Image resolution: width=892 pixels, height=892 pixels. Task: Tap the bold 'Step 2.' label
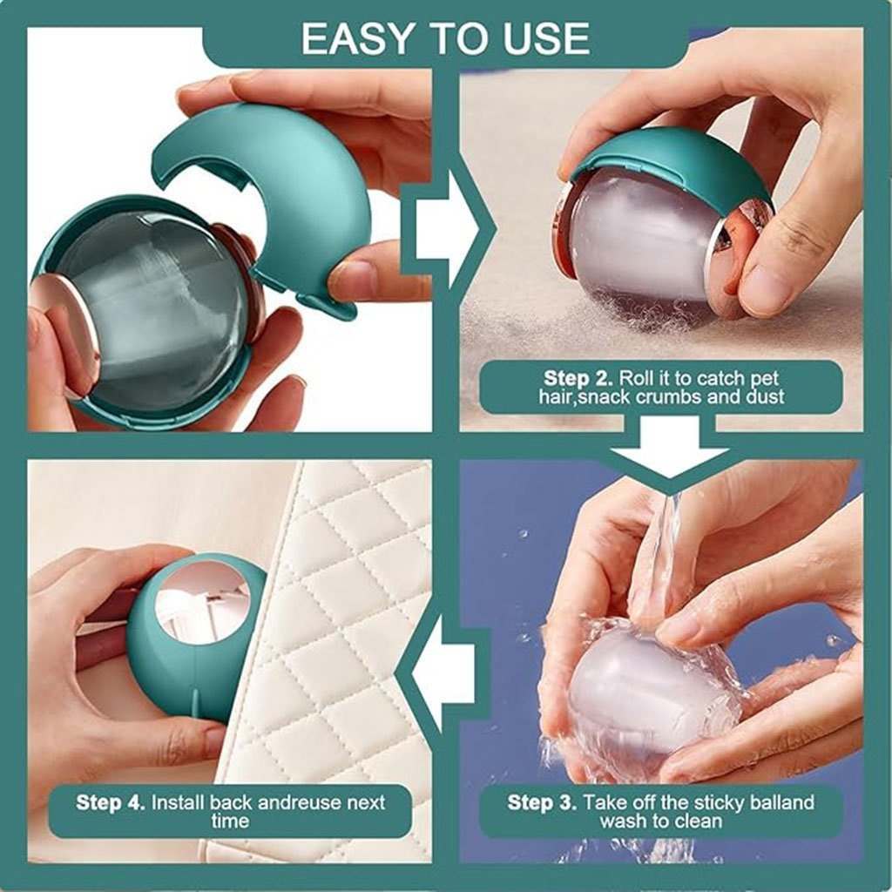tap(578, 378)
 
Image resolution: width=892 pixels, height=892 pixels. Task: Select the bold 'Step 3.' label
tap(542, 802)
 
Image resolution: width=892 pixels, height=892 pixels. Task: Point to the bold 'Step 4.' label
tap(111, 802)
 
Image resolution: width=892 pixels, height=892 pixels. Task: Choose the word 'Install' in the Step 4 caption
tap(178, 802)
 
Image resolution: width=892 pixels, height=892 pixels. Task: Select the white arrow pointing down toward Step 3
tap(670, 447)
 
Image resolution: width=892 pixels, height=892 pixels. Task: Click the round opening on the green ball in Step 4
tap(202, 602)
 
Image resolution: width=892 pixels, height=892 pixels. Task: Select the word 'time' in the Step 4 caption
tap(230, 821)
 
